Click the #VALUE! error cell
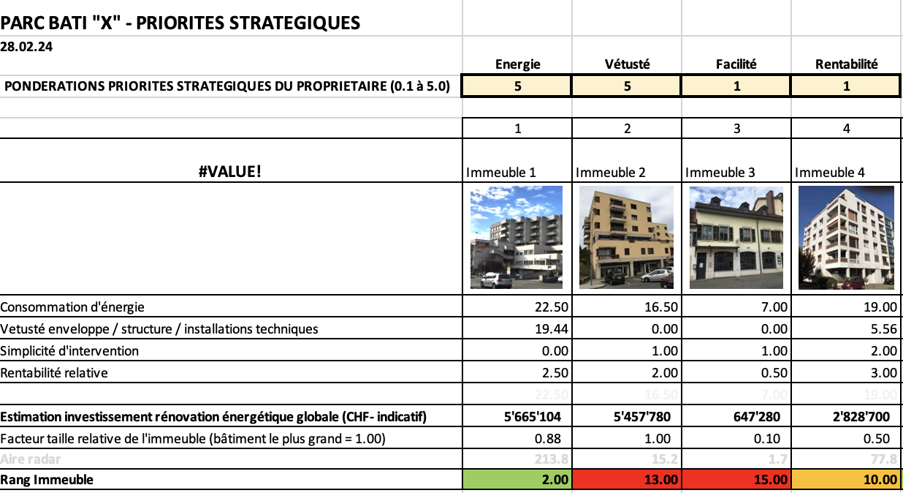(231, 172)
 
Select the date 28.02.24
(26, 46)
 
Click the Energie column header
(517, 64)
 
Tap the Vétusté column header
(627, 64)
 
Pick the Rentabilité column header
(846, 64)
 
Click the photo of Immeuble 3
(736, 238)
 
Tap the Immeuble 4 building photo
(846, 238)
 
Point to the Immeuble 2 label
(611, 173)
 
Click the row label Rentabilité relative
(54, 373)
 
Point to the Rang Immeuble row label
(47, 480)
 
